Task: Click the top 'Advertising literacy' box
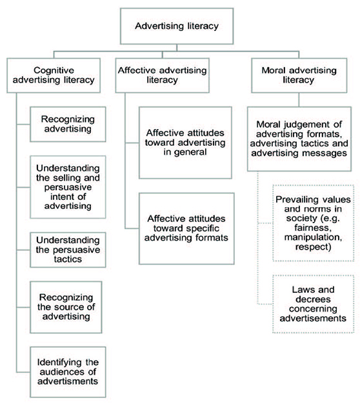coord(177,26)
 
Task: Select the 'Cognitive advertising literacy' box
coord(54,75)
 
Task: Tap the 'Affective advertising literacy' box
coord(162,75)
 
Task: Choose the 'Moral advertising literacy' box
coord(299,75)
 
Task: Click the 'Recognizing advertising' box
coord(68,124)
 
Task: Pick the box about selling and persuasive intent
coord(68,187)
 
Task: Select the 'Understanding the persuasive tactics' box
coord(68,250)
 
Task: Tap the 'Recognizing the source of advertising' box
coord(66,307)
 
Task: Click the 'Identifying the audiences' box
coord(68,372)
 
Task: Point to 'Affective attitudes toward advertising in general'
coord(185,143)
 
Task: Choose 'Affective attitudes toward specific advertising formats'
coord(186,228)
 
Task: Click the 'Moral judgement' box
coord(299,139)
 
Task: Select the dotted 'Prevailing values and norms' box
coord(314,223)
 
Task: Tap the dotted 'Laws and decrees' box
coord(314,304)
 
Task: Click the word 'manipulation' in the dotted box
coord(314,237)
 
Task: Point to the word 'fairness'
coord(313,228)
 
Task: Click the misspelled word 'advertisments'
coord(68,381)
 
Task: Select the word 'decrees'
coord(313,299)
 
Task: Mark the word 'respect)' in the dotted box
coord(314,247)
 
